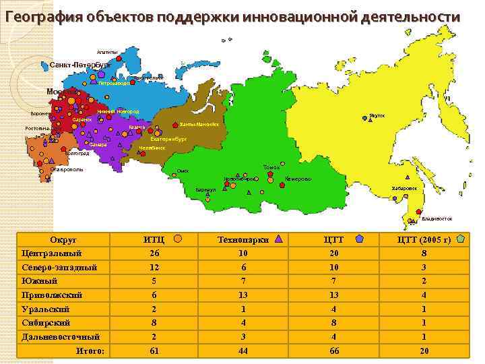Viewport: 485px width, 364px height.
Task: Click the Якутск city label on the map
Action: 377,116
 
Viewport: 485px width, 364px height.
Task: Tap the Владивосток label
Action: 437,218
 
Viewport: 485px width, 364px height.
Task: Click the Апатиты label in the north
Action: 107,52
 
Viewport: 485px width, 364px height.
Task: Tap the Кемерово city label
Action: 298,179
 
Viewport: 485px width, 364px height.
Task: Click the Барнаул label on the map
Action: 205,190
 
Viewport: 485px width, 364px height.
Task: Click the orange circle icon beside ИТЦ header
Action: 178,238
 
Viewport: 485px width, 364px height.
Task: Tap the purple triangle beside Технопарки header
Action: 280,238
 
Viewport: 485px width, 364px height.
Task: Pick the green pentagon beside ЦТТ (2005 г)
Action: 460,238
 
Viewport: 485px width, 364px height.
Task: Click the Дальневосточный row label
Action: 61,336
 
